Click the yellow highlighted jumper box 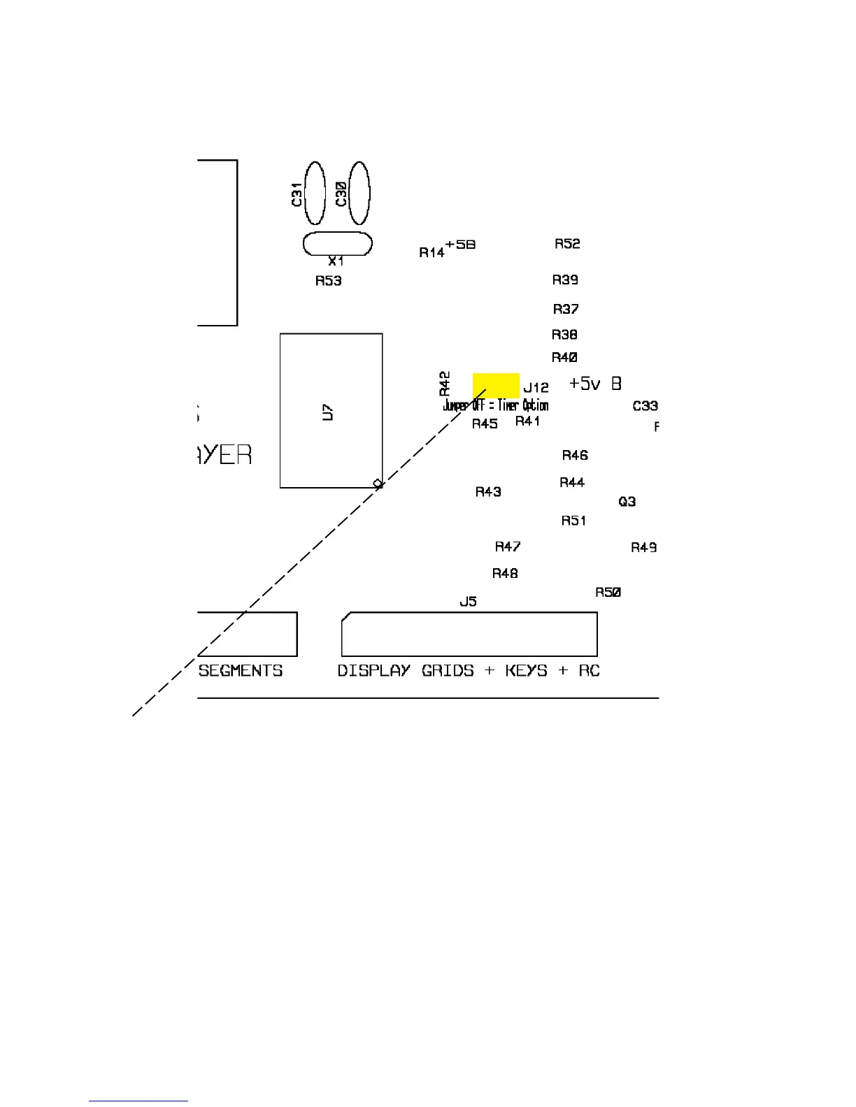[x=496, y=385]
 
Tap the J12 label [x=536, y=387]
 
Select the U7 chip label [x=327, y=412]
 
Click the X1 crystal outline [x=337, y=244]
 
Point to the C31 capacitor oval [x=315, y=193]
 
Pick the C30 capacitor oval [x=359, y=193]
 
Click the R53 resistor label [x=328, y=281]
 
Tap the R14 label [x=431, y=252]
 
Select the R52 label [x=567, y=243]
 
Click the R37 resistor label [x=566, y=309]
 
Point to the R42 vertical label [x=445, y=384]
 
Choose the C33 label [x=645, y=405]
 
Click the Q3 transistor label [x=627, y=501]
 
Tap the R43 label [x=488, y=491]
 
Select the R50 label [x=608, y=592]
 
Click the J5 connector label [x=468, y=601]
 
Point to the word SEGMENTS [x=241, y=670]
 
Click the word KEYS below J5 [x=526, y=670]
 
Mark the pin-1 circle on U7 [x=378, y=483]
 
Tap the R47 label [x=508, y=547]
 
